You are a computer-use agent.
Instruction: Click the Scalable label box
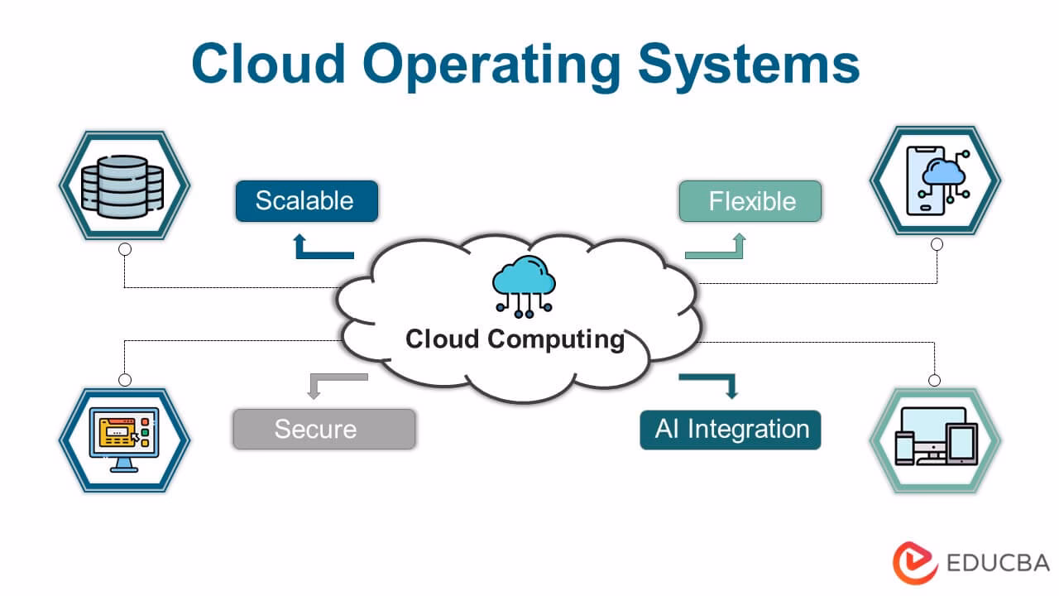click(306, 201)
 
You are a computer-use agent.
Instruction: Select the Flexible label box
click(750, 201)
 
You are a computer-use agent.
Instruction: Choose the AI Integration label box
click(731, 430)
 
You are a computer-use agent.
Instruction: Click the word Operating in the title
click(493, 65)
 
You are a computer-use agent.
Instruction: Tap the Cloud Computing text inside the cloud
click(515, 339)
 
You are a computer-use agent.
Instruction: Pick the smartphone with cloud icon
click(936, 182)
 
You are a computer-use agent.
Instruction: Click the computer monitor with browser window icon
click(124, 440)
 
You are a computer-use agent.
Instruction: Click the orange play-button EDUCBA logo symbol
click(914, 564)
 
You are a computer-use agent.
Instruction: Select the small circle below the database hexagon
click(125, 248)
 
